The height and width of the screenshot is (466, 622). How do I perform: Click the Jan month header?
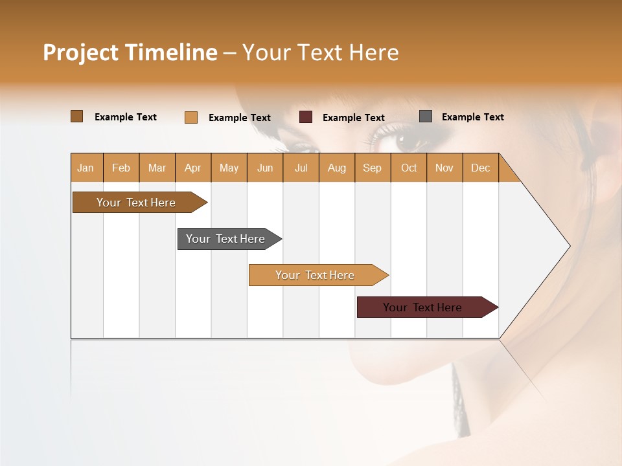(86, 168)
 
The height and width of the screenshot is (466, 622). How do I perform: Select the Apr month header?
(193, 168)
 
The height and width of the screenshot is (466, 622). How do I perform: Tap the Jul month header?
(301, 168)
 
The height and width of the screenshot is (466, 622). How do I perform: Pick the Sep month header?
(372, 168)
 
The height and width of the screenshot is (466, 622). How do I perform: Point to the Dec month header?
(480, 168)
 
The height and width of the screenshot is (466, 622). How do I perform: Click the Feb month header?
(121, 168)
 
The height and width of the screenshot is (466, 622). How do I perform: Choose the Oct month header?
(409, 168)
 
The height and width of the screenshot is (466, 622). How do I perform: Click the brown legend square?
(76, 116)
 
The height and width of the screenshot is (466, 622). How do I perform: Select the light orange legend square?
(191, 117)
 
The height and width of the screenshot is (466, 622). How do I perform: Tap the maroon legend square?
(306, 117)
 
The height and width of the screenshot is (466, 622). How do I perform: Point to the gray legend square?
(426, 116)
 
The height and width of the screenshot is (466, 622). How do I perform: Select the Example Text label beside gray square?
(472, 117)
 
